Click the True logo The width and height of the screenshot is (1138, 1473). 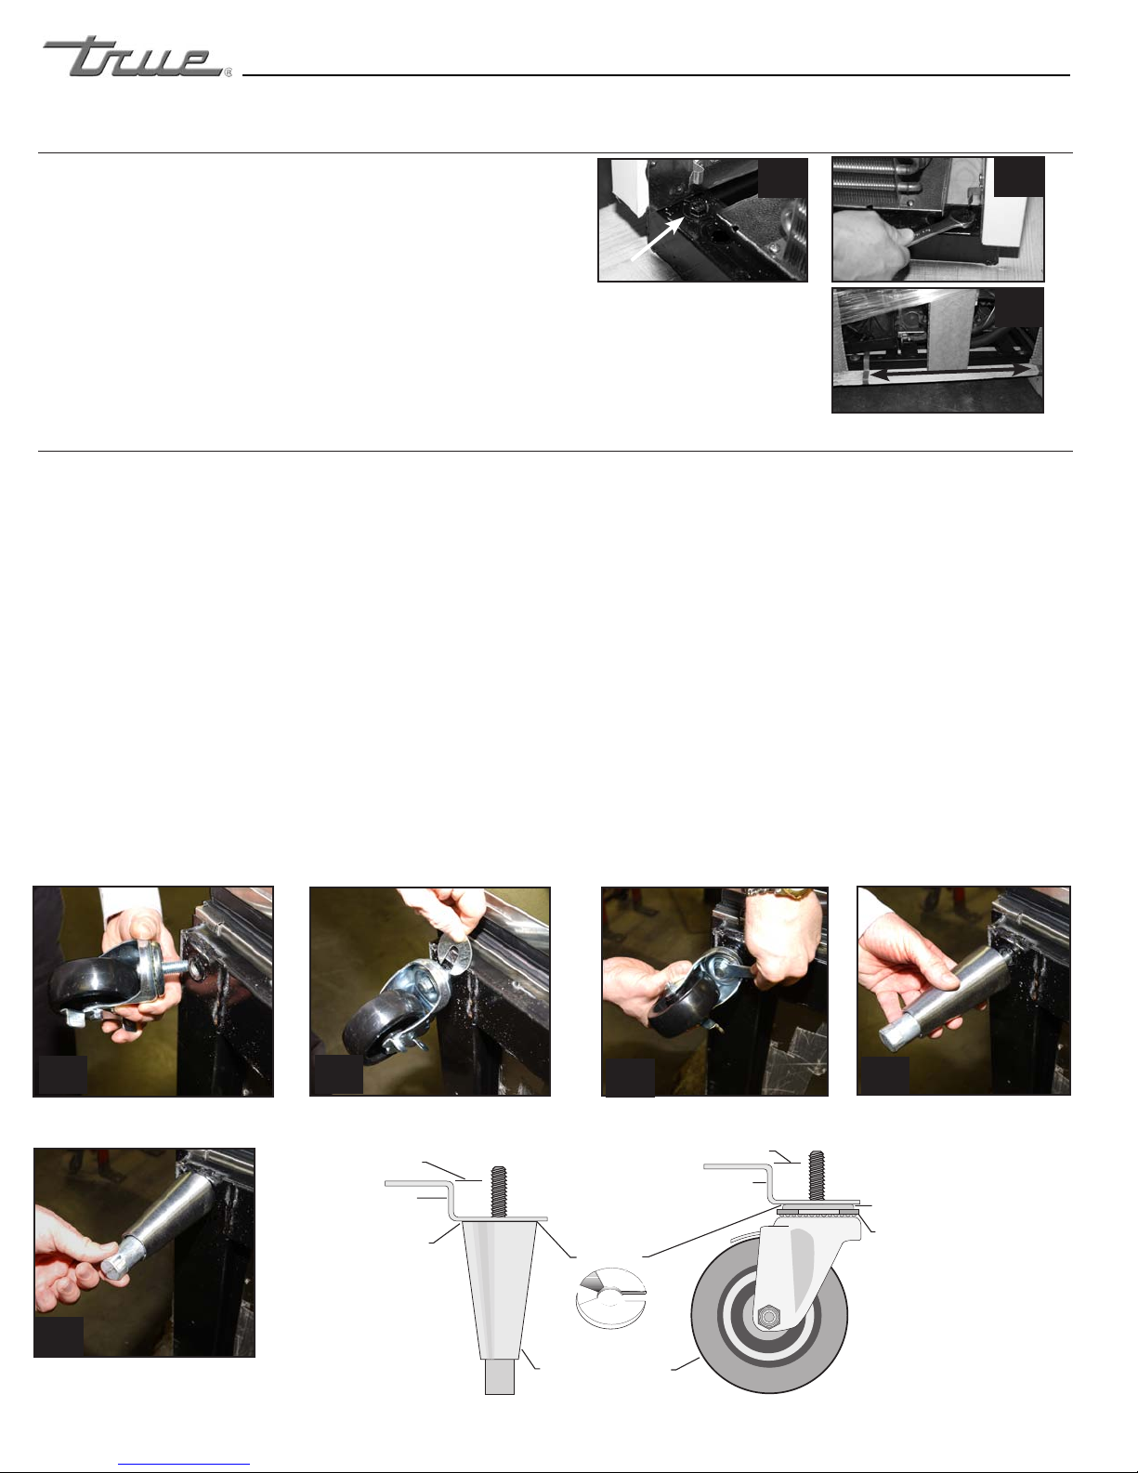coord(133,57)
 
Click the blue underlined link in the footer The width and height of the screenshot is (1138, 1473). coord(184,1465)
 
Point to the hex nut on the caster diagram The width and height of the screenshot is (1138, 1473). coord(769,1317)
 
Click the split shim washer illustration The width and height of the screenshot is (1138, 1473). coord(611,1297)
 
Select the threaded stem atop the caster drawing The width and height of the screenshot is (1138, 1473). coord(817,1177)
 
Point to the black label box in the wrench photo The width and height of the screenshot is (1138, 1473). coord(1018,177)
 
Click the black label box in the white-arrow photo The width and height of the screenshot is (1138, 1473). coord(782,178)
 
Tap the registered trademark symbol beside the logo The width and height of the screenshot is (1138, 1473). coord(228,73)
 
